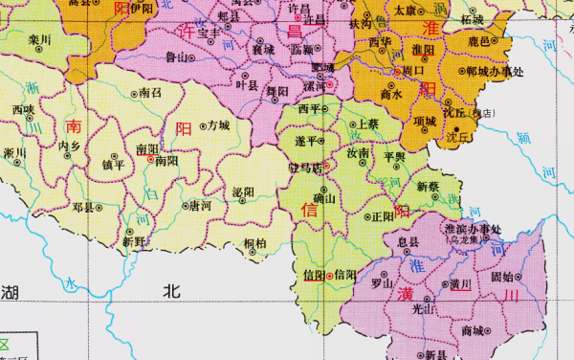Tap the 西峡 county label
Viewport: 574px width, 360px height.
coord(23,110)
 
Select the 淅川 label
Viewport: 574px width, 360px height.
coord(14,152)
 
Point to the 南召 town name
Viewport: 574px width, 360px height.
coord(150,93)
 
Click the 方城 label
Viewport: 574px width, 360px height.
coord(217,125)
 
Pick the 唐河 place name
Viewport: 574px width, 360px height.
coord(200,205)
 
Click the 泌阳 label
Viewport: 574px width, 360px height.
coord(243,191)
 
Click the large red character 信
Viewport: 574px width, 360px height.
coord(310,210)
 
